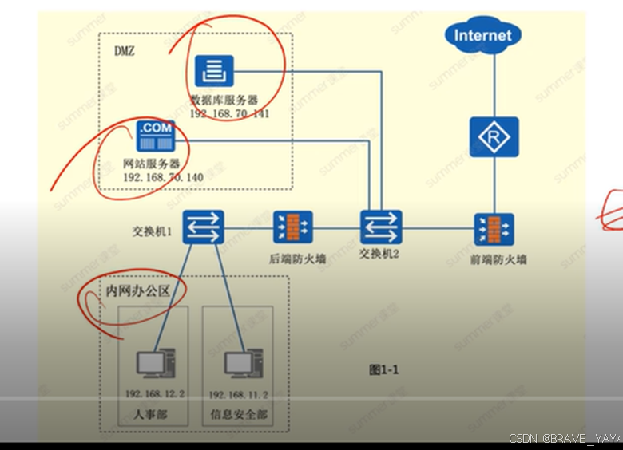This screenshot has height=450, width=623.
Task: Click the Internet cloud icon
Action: tap(482, 36)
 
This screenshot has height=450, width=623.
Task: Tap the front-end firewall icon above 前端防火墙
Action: tap(494, 228)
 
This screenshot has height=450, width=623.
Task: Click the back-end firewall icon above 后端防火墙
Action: tap(292, 227)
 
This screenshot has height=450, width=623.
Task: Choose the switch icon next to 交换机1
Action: tap(203, 227)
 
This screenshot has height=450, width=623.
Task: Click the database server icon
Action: tap(214, 72)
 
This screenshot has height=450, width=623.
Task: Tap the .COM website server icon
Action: tap(157, 136)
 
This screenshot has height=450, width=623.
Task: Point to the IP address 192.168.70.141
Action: tap(229, 114)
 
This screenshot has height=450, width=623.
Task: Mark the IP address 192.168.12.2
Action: tap(155, 394)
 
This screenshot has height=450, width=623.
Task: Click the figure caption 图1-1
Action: tap(383, 369)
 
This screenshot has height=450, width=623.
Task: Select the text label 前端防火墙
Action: tap(498, 259)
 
